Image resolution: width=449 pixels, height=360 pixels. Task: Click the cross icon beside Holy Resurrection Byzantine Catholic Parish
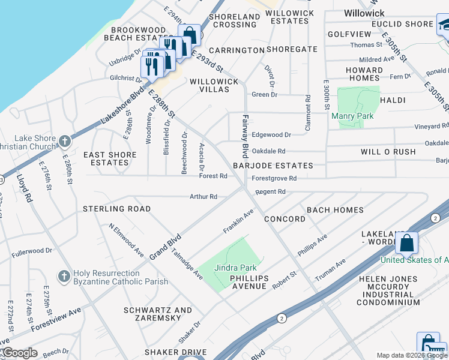(64, 277)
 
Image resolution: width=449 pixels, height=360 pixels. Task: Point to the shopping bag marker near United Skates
(407, 244)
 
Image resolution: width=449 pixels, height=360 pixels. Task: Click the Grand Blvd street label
(165, 242)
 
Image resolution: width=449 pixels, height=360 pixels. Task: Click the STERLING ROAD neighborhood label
(116, 209)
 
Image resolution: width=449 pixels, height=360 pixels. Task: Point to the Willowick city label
(364, 13)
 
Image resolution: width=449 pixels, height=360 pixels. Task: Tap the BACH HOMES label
(335, 210)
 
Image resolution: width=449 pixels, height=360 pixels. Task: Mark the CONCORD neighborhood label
(285, 219)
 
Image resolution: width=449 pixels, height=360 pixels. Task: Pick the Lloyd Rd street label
(24, 188)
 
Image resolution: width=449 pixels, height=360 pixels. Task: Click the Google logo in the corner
(19, 352)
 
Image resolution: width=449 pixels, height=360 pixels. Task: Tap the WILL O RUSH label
(388, 152)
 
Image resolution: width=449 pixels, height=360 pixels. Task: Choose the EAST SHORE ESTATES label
(110, 158)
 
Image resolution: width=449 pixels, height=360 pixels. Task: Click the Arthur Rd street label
(203, 196)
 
